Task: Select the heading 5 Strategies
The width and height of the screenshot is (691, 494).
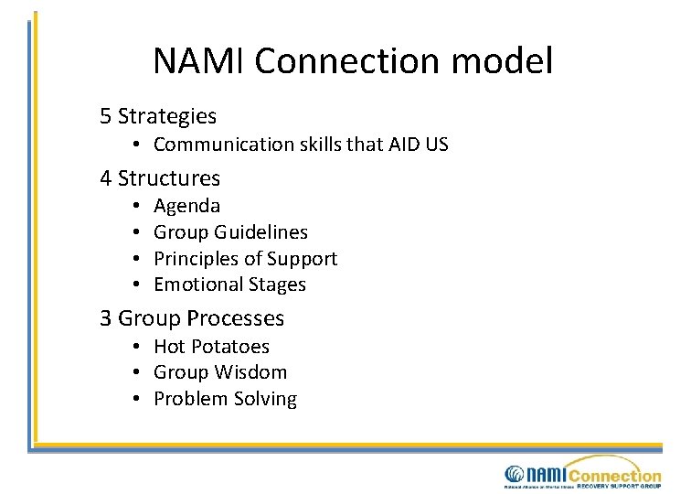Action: point(158,116)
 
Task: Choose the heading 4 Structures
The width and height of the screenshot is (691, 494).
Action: point(160,177)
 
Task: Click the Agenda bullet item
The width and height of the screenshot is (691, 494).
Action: point(186,207)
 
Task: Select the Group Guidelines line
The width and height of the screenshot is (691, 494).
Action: point(230,232)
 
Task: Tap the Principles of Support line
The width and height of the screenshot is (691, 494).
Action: point(245,259)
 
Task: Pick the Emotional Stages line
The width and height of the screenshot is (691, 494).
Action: point(229,285)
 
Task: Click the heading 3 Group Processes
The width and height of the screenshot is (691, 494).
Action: point(192,318)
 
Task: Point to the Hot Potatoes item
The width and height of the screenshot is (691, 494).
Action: point(211,347)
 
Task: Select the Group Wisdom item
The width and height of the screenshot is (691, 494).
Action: point(219,372)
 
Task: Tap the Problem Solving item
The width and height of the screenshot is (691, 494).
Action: point(225,399)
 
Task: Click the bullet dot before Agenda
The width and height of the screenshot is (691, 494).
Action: point(133,207)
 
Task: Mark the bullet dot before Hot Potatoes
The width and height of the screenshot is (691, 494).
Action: point(133,347)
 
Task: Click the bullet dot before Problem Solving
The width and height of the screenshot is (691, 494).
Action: point(133,399)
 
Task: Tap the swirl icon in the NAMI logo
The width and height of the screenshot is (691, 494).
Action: point(515,475)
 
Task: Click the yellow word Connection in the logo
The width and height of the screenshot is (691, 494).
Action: point(613,474)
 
